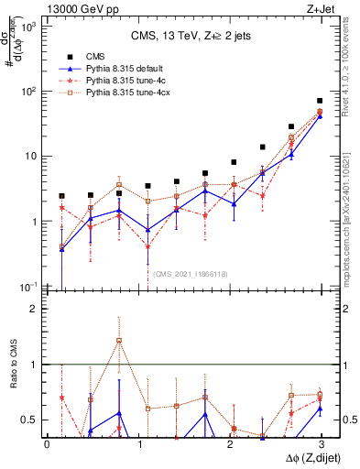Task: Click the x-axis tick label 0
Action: [x=47, y=444]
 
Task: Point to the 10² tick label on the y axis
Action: [x=27, y=92]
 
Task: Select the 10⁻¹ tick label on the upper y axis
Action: [x=27, y=287]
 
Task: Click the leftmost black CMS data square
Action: [x=61, y=196]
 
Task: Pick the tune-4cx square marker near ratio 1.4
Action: [x=119, y=341]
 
